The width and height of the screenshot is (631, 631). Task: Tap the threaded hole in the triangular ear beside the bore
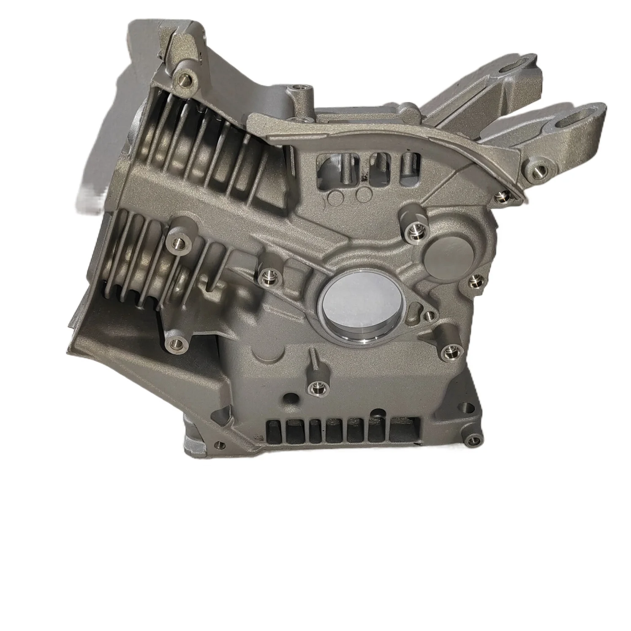pyautogui.click(x=430, y=314)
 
